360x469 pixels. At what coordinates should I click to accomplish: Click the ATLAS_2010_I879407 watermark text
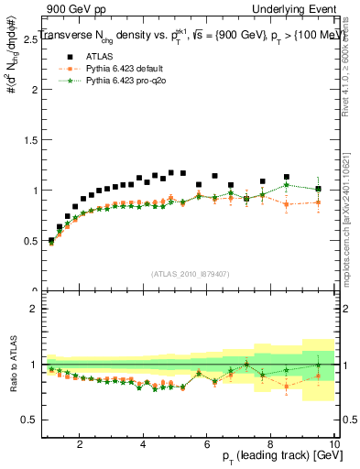191,273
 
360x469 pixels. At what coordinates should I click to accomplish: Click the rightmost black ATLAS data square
318,189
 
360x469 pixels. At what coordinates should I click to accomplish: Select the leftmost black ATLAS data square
51,240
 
